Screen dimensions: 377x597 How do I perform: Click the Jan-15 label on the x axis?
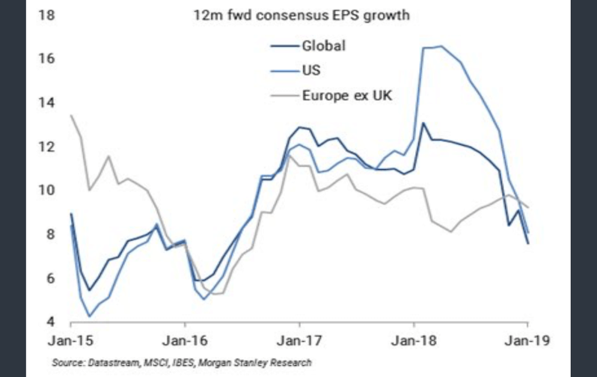[x=70, y=341]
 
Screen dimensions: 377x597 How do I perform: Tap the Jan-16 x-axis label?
[x=185, y=341]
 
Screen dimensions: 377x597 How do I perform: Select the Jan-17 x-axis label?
[x=299, y=341]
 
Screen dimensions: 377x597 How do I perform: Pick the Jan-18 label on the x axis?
[x=414, y=341]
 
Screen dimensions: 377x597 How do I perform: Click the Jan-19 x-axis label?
[x=528, y=341]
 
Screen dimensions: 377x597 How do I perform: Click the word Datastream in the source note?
[x=114, y=363]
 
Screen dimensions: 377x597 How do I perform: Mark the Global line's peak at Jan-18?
[x=423, y=123]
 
